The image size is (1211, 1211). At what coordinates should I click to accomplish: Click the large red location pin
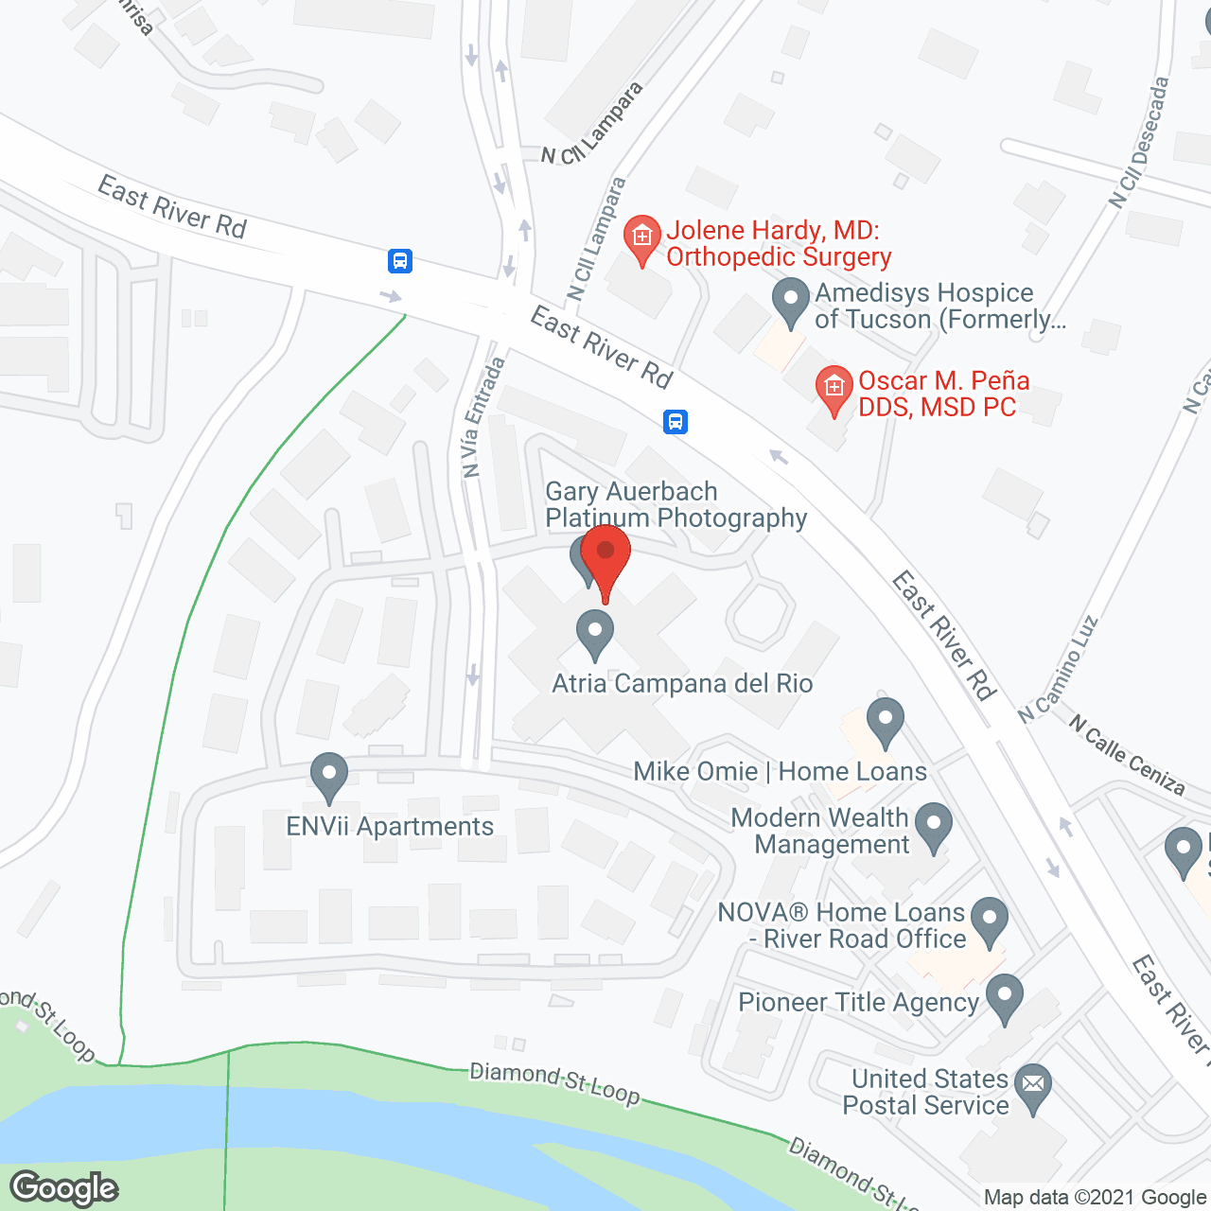(x=605, y=558)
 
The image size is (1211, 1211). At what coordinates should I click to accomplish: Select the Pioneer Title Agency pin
(x=1005, y=996)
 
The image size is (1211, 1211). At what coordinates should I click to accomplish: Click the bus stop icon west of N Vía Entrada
(x=400, y=260)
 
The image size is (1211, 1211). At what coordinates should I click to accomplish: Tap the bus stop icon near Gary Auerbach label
(x=676, y=421)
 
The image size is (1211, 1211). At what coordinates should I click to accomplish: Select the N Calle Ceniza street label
(x=1127, y=754)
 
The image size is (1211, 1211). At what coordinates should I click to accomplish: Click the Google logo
(x=64, y=1187)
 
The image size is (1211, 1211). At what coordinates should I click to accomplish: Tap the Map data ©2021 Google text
(x=1095, y=1198)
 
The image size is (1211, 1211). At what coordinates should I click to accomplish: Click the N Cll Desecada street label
(x=1140, y=142)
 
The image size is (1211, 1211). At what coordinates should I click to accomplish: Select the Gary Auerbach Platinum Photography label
(x=676, y=504)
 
